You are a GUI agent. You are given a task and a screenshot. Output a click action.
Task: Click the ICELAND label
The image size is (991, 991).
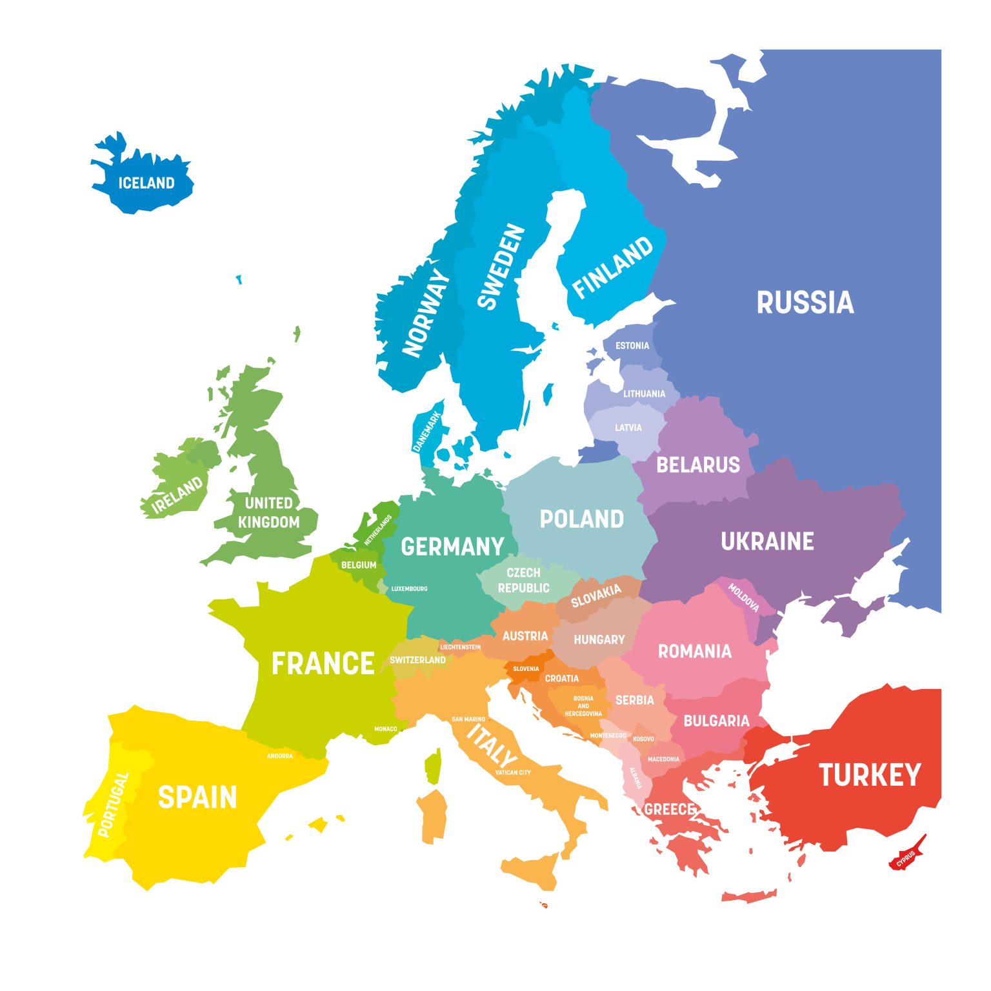tap(146, 183)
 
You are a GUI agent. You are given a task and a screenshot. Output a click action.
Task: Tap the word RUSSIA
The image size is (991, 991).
tap(805, 303)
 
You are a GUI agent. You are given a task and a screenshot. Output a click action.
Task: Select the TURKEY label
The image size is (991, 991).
tap(870, 775)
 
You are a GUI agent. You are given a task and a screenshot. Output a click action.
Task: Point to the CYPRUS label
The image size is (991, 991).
tap(906, 858)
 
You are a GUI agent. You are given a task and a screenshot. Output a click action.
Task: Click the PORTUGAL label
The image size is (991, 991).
tap(114, 804)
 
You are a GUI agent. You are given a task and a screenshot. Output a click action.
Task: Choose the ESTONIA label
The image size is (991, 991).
tap(632, 346)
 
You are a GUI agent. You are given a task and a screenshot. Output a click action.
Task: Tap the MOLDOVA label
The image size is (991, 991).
tap(743, 597)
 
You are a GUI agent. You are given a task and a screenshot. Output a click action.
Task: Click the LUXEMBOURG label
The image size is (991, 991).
tap(409, 588)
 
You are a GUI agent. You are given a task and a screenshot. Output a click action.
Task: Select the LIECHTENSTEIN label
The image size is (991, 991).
tap(460, 646)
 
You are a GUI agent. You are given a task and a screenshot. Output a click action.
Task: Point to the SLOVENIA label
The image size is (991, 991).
tap(526, 668)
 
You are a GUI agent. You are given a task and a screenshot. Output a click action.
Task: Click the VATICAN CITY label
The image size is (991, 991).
tap(513, 772)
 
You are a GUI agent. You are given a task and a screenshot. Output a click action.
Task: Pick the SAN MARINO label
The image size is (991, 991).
tap(468, 719)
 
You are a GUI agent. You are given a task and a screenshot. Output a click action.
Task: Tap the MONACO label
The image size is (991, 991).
tap(386, 729)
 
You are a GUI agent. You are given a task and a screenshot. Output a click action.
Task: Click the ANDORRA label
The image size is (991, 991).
tap(280, 756)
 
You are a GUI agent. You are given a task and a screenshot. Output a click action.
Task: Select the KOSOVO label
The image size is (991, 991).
tap(643, 739)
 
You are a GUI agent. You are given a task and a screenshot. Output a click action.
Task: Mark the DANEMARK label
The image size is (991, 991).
tap(426, 432)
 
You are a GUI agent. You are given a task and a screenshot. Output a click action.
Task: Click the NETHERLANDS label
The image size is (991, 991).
tap(378, 530)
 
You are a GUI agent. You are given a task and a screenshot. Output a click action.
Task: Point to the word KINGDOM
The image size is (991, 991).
tap(268, 522)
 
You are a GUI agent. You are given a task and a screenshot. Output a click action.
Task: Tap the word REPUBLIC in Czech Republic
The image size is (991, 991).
tap(523, 588)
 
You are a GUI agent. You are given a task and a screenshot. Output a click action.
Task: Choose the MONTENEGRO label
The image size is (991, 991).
tap(608, 736)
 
